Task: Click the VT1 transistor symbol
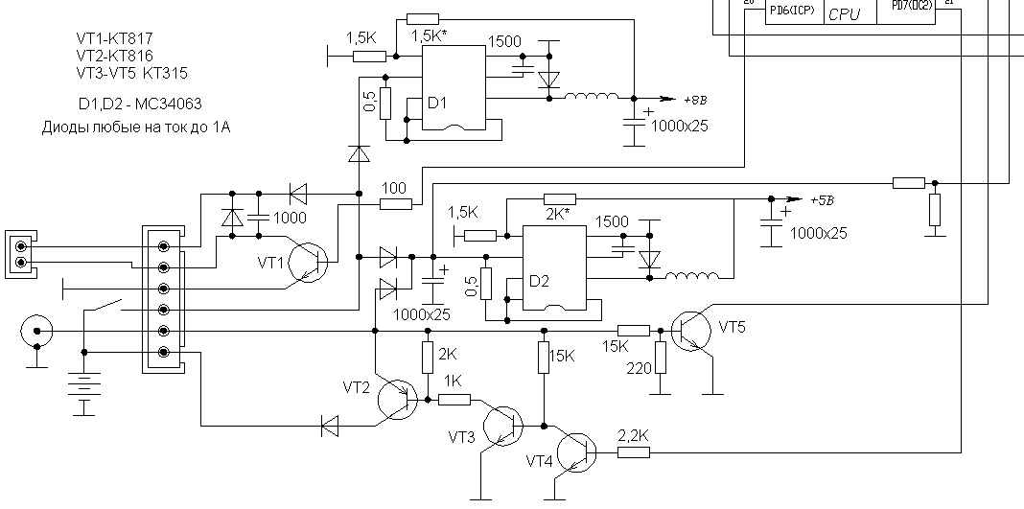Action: coord(309,261)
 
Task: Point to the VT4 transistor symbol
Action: coord(576,452)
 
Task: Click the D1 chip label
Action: coord(437,104)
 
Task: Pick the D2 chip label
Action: coord(539,281)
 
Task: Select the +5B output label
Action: coord(823,201)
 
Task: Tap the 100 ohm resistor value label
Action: coord(393,187)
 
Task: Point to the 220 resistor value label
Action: coord(637,367)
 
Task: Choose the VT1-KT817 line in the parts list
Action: coord(115,38)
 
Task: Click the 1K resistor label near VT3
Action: coord(451,381)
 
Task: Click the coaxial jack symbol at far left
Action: coord(36,333)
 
